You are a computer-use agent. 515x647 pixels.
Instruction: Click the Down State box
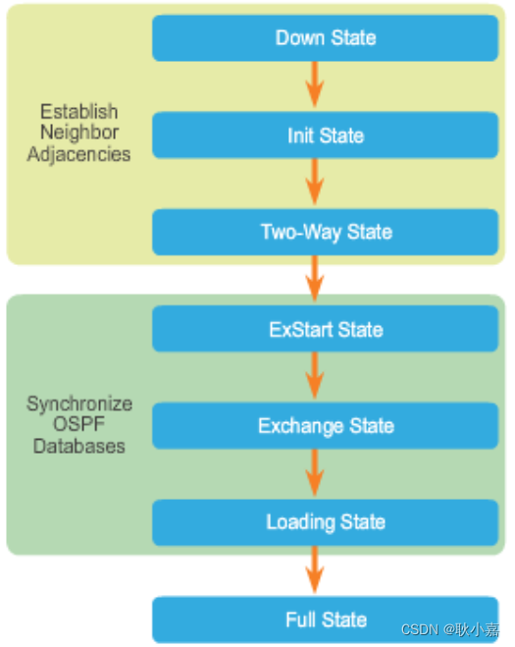click(x=326, y=38)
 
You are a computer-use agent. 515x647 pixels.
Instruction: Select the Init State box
click(x=326, y=135)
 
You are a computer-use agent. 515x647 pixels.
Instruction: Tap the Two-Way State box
click(x=326, y=232)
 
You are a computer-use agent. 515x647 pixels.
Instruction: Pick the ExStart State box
click(x=326, y=329)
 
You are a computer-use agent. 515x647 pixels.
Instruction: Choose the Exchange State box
click(x=326, y=426)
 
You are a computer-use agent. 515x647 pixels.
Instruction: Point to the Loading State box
click(x=326, y=522)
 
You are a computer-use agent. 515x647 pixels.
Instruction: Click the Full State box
click(x=326, y=620)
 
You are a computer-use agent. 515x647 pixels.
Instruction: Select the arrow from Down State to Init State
click(x=314, y=86)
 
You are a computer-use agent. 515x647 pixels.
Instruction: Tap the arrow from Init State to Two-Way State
click(x=314, y=184)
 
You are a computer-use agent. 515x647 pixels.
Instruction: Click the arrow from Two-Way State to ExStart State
click(x=314, y=280)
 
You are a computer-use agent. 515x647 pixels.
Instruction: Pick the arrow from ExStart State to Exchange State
click(x=314, y=377)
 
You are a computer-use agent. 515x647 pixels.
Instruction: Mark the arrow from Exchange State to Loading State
click(x=314, y=474)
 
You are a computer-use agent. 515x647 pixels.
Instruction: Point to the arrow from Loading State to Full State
click(x=314, y=571)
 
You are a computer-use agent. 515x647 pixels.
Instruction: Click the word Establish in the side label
click(x=78, y=111)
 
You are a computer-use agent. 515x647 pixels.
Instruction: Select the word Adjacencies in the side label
click(x=78, y=154)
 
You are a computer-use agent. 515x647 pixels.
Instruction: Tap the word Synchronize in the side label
click(x=78, y=404)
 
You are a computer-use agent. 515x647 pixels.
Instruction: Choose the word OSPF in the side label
click(x=78, y=425)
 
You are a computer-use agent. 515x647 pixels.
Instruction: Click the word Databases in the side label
click(x=78, y=446)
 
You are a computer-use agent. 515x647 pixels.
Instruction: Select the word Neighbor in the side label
click(x=78, y=133)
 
